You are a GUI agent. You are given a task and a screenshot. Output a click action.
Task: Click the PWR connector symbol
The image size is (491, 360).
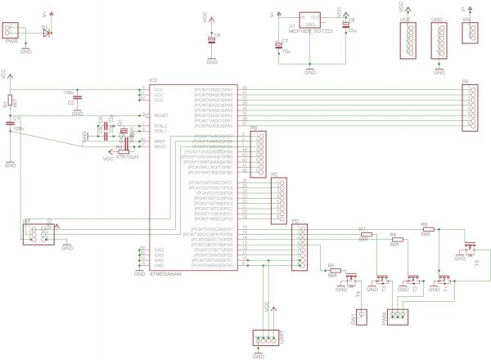click(x=11, y=32)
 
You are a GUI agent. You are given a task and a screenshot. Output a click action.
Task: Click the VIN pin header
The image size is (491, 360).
click(x=470, y=33)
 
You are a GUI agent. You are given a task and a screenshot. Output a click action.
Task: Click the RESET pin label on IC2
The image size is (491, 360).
click(x=161, y=115)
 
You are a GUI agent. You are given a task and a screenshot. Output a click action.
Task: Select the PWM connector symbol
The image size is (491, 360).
click(x=399, y=316)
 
